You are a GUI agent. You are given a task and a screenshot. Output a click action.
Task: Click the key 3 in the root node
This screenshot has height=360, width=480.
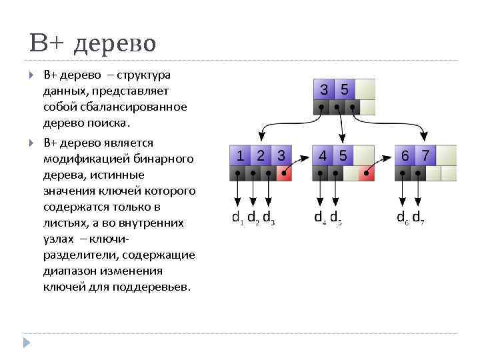click(323, 89)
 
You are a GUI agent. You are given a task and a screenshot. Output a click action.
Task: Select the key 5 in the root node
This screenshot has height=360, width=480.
click(344, 89)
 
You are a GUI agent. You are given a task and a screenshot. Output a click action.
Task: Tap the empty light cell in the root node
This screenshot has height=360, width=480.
click(365, 89)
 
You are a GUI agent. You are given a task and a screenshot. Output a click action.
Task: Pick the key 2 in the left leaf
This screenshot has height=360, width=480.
click(261, 155)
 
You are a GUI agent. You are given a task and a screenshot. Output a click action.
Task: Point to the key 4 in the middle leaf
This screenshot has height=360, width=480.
click(323, 155)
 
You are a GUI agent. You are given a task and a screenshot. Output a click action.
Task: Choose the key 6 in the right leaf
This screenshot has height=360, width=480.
click(405, 155)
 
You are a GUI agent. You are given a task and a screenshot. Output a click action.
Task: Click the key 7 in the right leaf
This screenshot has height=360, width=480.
click(425, 155)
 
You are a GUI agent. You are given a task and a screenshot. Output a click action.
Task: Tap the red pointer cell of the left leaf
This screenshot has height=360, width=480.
click(283, 174)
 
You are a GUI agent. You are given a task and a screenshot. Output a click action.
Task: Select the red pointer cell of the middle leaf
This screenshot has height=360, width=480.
click(366, 174)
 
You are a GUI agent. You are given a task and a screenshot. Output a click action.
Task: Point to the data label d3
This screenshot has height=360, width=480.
click(269, 217)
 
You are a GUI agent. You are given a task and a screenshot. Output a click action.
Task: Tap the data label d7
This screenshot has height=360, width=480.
click(418, 217)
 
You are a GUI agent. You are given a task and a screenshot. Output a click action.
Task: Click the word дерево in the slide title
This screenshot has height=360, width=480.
click(115, 44)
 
